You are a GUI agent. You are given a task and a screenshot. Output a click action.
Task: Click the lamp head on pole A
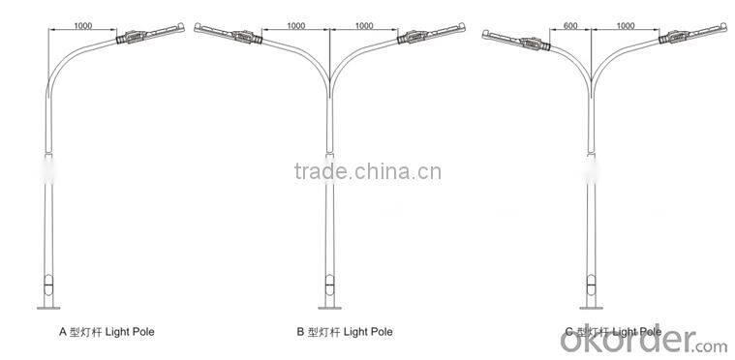click(x=138, y=35)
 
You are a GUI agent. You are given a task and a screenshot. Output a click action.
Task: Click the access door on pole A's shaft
click(x=52, y=288)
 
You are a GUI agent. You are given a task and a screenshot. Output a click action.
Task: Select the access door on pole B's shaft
click(x=329, y=288)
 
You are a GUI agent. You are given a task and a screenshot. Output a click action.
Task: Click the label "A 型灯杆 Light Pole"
click(x=107, y=331)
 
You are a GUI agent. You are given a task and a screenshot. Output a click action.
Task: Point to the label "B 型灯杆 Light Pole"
click(x=345, y=331)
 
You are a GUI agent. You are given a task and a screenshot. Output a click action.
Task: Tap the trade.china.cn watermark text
click(x=367, y=173)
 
